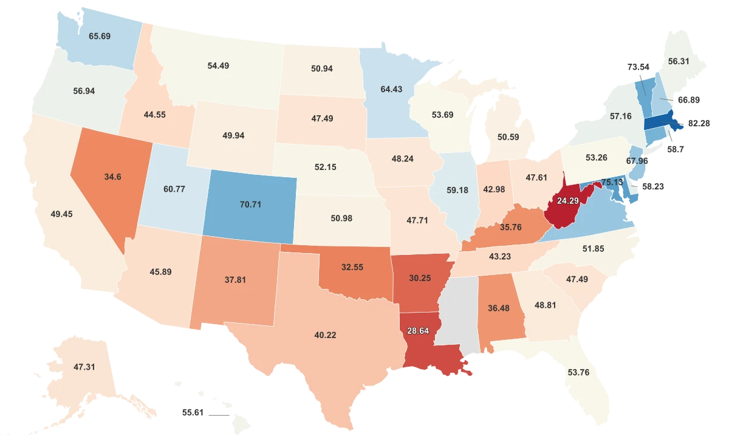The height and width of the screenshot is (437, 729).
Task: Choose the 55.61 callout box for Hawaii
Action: [193, 412]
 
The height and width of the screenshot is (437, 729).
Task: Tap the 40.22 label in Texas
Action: [325, 335]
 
